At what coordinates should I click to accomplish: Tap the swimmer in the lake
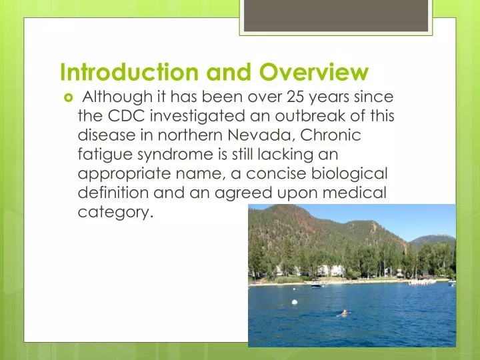tap(344, 312)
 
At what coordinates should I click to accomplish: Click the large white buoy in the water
tap(294, 302)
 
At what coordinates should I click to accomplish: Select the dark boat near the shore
tap(316, 285)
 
